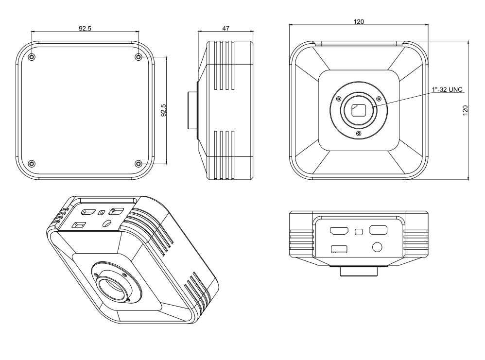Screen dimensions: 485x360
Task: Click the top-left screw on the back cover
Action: click(32, 57)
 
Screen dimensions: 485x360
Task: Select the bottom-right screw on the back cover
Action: click(139, 163)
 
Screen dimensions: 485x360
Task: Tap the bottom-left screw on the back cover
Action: click(32, 163)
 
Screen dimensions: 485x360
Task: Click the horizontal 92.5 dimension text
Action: click(85, 29)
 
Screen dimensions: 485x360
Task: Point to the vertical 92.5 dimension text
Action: click(164, 110)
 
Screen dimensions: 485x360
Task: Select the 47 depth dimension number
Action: click(226, 28)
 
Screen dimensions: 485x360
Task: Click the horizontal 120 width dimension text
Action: click(359, 22)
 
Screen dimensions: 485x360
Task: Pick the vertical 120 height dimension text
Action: click(465, 110)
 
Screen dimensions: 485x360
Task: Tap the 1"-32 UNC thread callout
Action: click(447, 90)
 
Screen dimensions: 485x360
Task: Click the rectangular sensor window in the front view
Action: click(359, 110)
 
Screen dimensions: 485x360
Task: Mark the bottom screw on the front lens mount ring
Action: click(359, 134)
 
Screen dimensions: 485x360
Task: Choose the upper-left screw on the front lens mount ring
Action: click(339, 99)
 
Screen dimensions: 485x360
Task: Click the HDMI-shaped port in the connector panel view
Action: click(339, 231)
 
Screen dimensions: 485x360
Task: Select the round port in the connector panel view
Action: click(377, 247)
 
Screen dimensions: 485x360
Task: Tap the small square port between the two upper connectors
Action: click(359, 232)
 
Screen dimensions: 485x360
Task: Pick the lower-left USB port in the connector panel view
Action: click(339, 249)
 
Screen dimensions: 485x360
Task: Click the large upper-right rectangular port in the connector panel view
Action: click(378, 230)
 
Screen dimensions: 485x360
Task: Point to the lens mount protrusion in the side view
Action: click(192, 110)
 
